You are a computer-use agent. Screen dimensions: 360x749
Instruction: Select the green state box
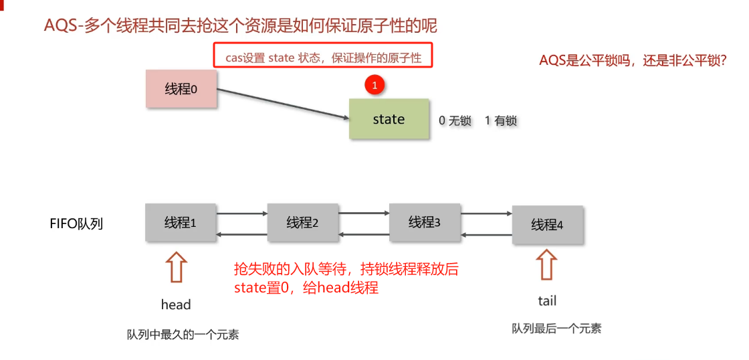point(389,119)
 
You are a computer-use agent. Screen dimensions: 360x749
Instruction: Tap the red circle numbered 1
point(374,86)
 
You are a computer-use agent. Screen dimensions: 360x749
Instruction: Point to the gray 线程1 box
point(181,222)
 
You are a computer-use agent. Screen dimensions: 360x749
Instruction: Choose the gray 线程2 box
point(302,222)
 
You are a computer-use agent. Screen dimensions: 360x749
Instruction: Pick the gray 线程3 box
point(425,221)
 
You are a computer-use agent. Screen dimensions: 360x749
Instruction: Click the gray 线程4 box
point(547,225)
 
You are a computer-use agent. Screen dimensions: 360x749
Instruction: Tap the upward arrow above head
point(176,267)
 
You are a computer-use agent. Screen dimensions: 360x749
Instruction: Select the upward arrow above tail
point(546,265)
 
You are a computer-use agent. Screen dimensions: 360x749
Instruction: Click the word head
point(176,304)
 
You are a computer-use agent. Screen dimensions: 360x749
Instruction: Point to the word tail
point(547,301)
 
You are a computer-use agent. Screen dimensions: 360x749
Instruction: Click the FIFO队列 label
point(76,223)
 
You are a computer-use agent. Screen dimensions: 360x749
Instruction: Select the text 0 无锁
point(455,120)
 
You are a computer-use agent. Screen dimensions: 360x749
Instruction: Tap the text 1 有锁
point(500,120)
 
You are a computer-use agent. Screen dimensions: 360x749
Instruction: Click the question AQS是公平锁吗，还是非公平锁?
point(633,60)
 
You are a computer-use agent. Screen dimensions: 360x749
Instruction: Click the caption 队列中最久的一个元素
point(183,335)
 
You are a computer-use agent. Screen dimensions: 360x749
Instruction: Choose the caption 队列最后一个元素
point(556,328)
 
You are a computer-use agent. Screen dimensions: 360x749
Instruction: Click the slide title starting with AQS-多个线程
point(240,26)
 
